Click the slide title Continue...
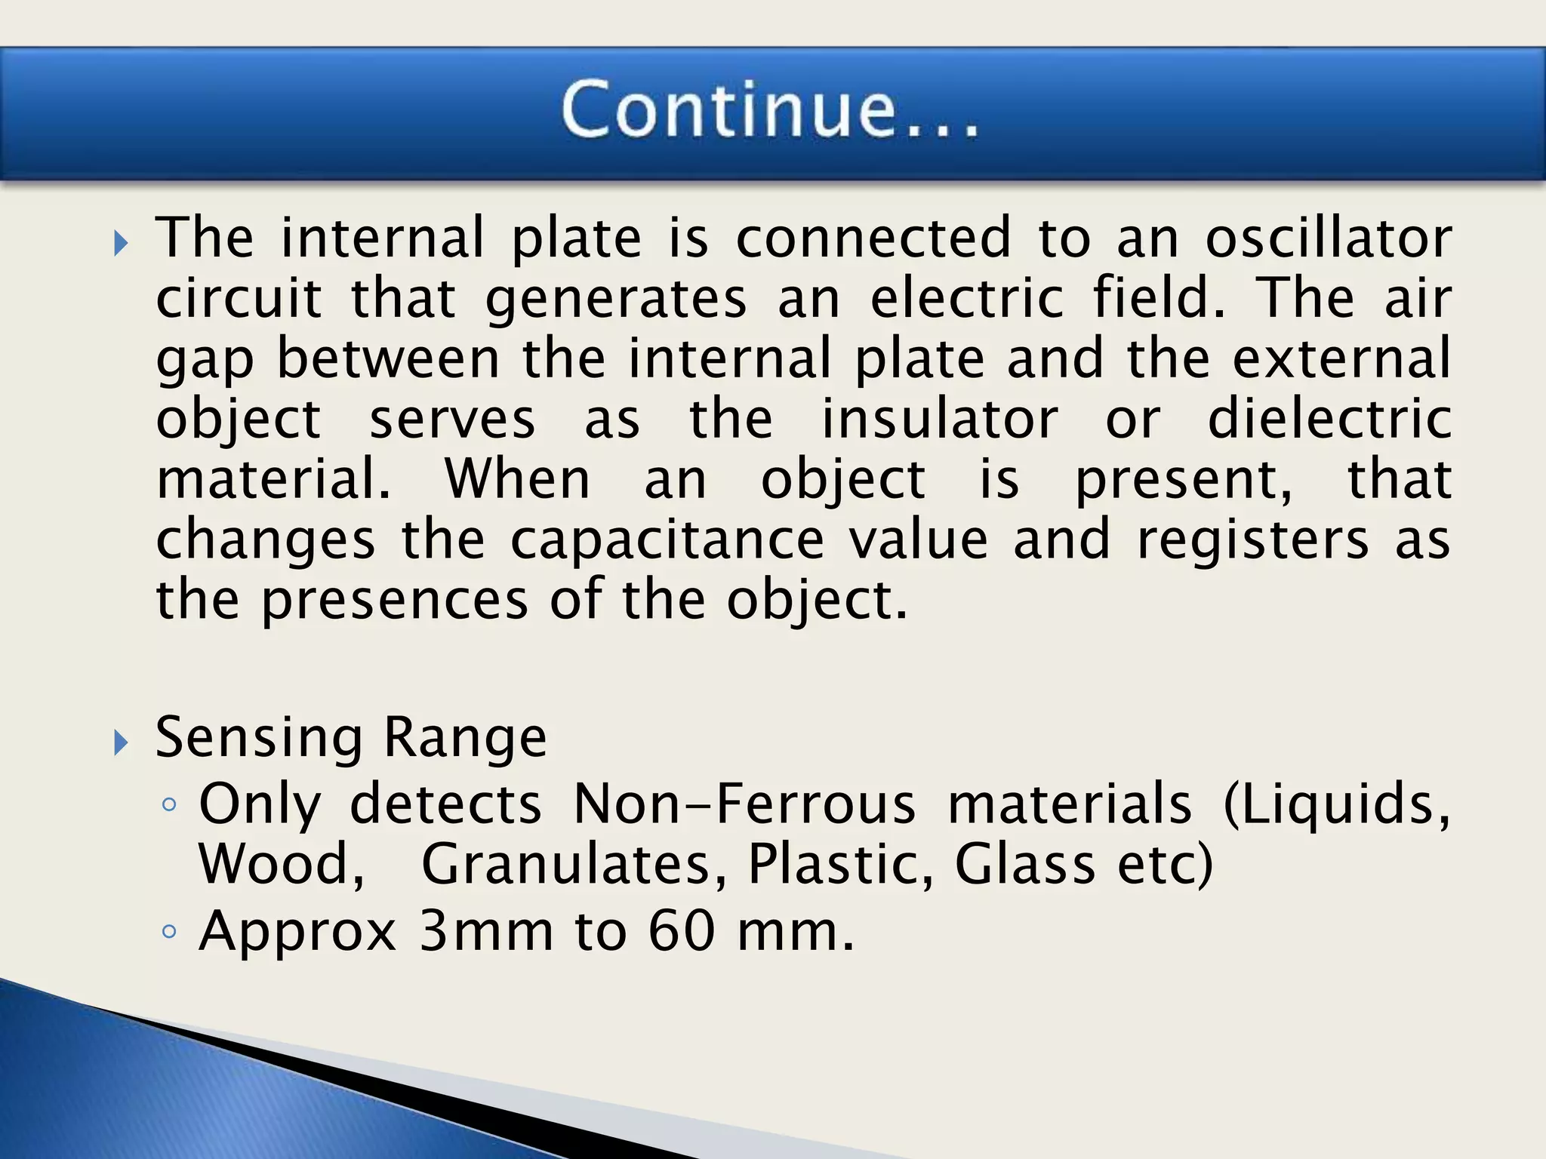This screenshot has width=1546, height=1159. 770,110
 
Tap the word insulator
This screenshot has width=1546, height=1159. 940,419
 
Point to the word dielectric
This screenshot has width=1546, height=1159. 1329,419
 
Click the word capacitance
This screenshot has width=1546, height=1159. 667,541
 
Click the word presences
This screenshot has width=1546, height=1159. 395,601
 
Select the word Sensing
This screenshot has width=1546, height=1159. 259,738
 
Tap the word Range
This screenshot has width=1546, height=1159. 465,736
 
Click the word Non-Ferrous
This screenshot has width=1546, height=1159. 744,804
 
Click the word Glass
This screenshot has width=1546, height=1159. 1024,864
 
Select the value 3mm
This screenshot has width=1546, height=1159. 486,932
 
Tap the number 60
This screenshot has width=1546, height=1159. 681,932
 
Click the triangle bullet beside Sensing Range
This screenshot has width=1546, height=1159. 121,743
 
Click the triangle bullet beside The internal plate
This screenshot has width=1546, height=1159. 121,244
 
